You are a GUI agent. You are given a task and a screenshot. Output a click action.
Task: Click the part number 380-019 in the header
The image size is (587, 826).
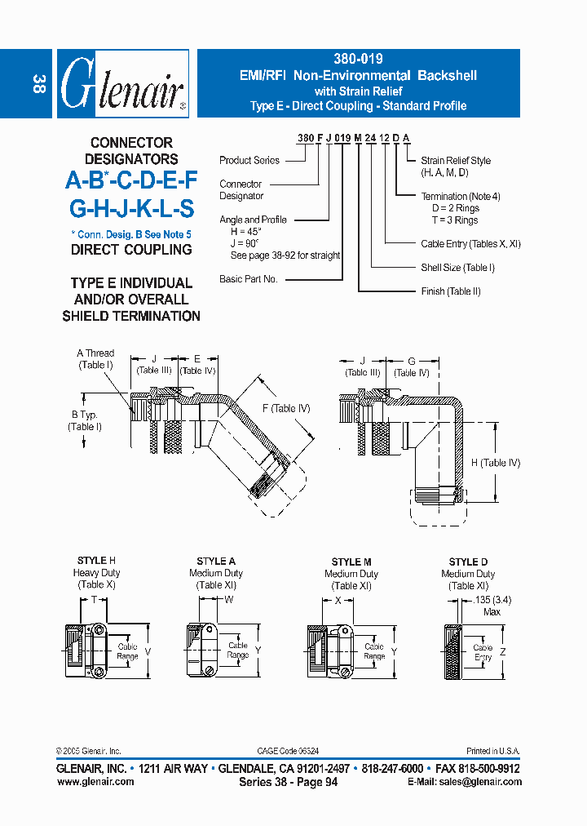pyautogui.click(x=358, y=59)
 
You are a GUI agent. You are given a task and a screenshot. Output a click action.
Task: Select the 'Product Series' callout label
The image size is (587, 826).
pyautogui.click(x=249, y=161)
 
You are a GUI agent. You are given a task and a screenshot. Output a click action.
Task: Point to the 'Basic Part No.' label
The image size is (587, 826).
pyautogui.click(x=249, y=279)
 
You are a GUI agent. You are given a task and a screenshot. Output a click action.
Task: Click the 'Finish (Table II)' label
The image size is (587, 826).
pyautogui.click(x=451, y=291)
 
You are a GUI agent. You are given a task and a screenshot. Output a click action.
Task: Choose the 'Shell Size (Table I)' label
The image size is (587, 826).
pyautogui.click(x=457, y=268)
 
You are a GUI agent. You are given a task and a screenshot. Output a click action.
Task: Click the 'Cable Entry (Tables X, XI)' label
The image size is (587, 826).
pyautogui.click(x=470, y=244)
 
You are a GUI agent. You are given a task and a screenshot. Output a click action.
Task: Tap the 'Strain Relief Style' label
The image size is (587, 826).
pyautogui.click(x=456, y=161)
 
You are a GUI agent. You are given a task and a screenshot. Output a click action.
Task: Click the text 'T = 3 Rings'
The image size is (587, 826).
pyautogui.click(x=455, y=220)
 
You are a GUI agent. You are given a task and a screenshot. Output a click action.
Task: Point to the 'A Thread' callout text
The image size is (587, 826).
pyautogui.click(x=95, y=353)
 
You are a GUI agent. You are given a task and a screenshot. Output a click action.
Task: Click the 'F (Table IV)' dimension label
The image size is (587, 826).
pyautogui.click(x=286, y=408)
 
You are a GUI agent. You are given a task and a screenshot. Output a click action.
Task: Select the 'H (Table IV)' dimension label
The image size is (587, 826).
pyautogui.click(x=495, y=463)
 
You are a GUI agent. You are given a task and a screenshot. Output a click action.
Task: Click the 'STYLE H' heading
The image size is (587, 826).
pyautogui.click(x=96, y=561)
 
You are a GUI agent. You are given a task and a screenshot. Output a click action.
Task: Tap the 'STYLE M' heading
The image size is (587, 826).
pyautogui.click(x=351, y=562)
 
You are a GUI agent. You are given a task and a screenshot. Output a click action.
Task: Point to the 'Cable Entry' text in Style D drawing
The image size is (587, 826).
pyautogui.click(x=483, y=652)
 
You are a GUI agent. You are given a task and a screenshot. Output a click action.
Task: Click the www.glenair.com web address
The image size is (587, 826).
pyautogui.click(x=95, y=782)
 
